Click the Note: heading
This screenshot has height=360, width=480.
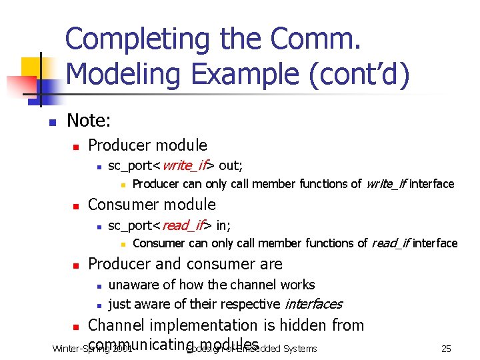(89, 121)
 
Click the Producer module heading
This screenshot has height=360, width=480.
(147, 145)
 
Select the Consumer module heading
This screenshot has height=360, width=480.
(152, 205)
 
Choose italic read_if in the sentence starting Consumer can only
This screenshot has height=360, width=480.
(390, 243)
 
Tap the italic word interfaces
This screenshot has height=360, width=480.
(313, 305)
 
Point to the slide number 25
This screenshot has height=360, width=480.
(447, 348)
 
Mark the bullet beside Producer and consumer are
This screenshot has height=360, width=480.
(77, 265)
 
